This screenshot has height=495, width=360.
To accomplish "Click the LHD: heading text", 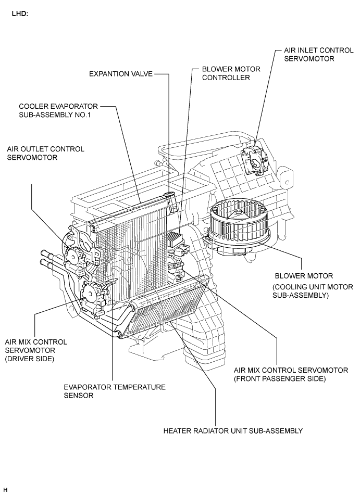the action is pos(20,14).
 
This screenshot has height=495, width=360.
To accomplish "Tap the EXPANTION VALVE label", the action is pos(121,74).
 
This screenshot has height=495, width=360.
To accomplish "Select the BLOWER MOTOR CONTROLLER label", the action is pos(231,73).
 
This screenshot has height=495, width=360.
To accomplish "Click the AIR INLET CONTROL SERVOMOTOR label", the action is pos(319,54).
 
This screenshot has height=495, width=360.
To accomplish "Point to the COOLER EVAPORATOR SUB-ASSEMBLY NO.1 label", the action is pos(58,110).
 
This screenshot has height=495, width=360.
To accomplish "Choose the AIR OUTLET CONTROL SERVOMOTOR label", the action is pos(45,153).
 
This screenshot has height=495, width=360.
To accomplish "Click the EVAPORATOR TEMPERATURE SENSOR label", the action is pos(115,391).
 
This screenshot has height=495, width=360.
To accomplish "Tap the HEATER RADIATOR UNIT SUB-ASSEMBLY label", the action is pos(233,431).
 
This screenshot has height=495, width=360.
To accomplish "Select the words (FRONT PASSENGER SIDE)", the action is pos(280,379).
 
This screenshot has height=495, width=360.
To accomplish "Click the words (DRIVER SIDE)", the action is pos(29,359).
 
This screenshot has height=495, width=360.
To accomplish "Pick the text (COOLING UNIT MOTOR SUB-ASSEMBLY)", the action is pos(313,291).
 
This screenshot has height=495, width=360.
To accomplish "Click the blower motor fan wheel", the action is pos(240,221).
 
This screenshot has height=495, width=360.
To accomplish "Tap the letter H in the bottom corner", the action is pos(5,490).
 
